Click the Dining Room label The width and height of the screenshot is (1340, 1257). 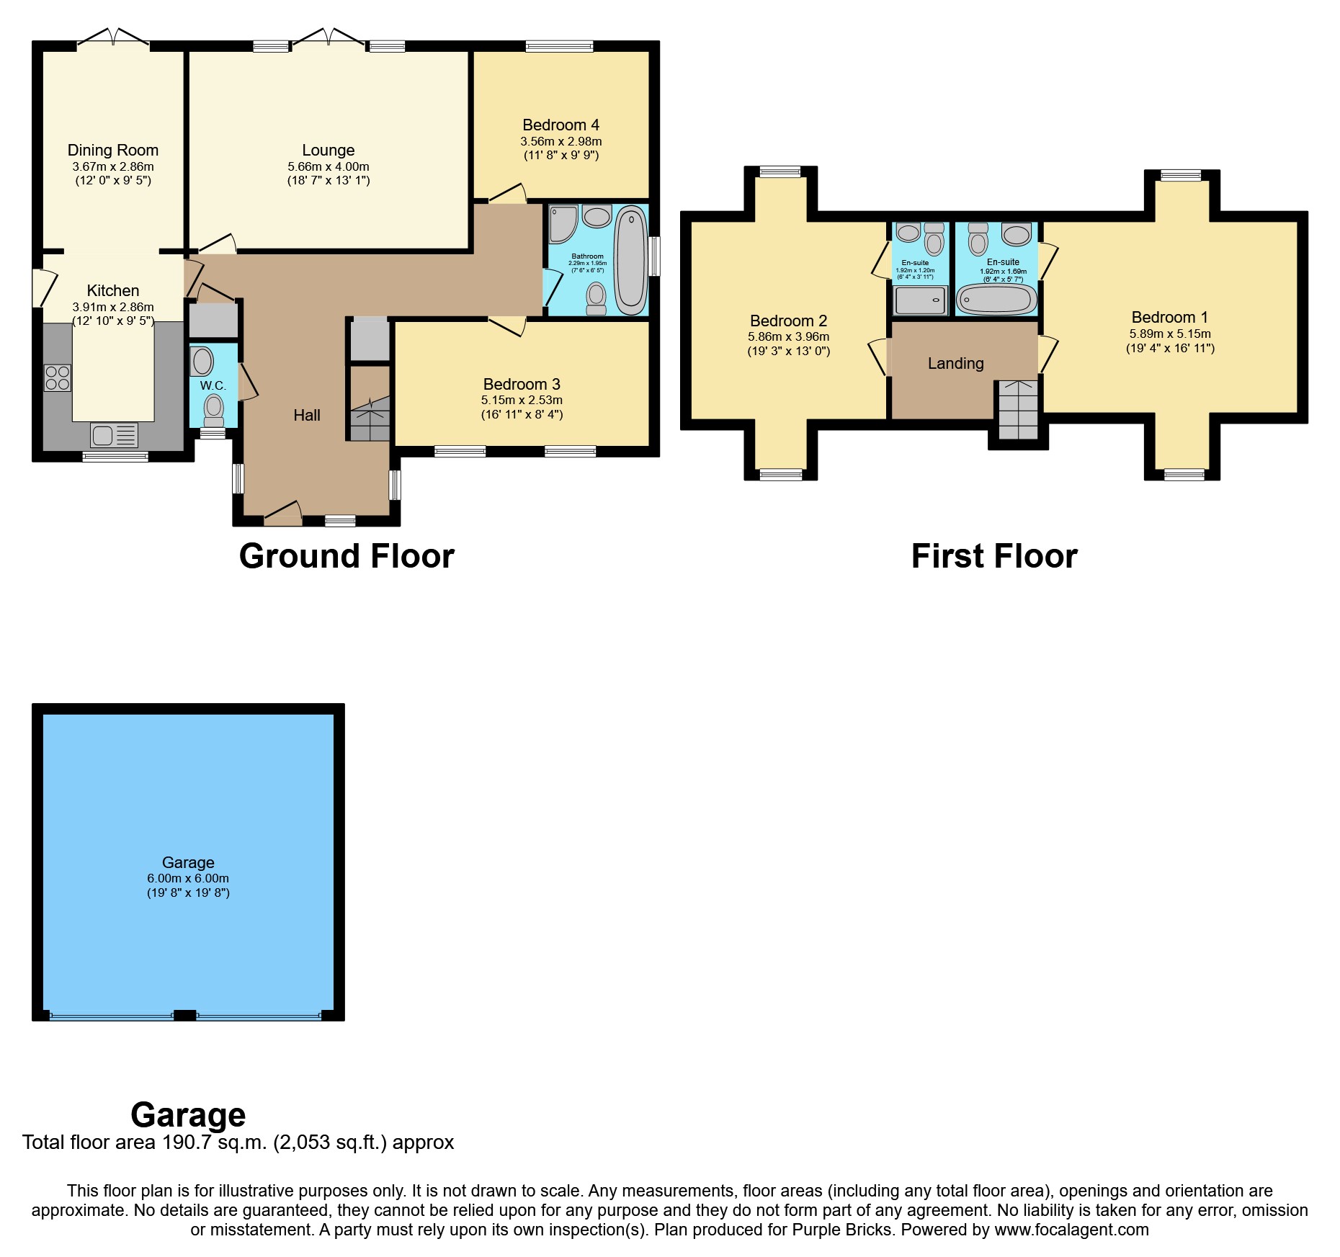113,151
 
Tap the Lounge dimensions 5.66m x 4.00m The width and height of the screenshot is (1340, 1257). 328,166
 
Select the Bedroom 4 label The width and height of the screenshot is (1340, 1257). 560,125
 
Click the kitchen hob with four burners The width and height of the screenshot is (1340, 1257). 58,378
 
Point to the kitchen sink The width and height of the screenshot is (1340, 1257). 114,435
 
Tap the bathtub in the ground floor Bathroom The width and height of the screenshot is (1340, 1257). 631,260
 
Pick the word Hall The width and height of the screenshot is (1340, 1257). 307,415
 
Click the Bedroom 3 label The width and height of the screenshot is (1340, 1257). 522,385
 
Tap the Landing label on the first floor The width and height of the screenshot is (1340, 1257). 955,364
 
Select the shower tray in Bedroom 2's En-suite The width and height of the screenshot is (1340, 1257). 920,300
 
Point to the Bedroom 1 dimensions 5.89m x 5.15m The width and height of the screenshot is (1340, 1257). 1170,334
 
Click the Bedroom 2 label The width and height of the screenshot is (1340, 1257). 788,321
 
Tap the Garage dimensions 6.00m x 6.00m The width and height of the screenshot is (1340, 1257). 188,878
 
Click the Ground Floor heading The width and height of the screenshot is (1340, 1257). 347,556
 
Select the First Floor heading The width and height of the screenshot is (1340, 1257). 994,556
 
